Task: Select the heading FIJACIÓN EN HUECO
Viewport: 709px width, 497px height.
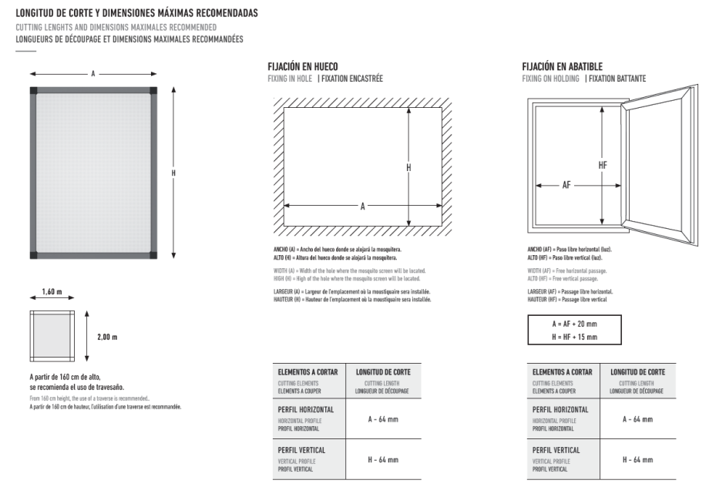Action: pos(302,67)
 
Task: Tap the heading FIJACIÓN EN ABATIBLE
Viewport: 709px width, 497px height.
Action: pos(562,67)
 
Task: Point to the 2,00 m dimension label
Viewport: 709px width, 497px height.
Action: pos(107,337)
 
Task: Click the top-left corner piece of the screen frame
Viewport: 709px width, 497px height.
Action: pos(33,91)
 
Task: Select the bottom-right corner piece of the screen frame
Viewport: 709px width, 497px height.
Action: pos(153,254)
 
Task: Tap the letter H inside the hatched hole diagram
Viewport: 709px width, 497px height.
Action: pos(408,167)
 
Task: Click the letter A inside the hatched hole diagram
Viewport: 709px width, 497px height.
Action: pos(362,206)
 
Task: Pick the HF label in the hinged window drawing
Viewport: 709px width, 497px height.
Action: pos(602,165)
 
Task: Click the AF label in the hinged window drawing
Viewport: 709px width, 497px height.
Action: pos(566,185)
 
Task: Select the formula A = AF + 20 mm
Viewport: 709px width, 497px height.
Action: pos(573,324)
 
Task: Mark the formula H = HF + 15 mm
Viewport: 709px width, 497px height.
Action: pos(573,337)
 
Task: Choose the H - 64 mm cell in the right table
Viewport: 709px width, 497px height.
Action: pos(637,460)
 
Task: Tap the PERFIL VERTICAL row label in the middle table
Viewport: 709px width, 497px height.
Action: pos(301,450)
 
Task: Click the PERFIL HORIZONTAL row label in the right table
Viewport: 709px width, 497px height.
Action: pos(560,409)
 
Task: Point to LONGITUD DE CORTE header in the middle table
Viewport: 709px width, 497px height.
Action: pos(383,372)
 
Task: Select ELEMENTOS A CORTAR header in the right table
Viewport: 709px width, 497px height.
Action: pos(563,372)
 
